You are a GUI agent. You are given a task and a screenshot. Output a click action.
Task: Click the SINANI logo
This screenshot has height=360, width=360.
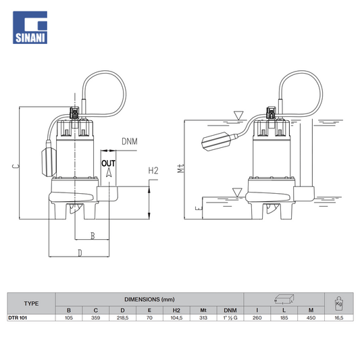click(x=30, y=27)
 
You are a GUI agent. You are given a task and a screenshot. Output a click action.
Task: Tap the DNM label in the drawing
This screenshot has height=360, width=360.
click(x=130, y=141)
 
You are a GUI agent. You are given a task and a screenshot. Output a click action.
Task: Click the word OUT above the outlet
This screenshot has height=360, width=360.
click(x=108, y=163)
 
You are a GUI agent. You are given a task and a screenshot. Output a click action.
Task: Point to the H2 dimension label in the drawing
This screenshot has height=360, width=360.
click(x=153, y=171)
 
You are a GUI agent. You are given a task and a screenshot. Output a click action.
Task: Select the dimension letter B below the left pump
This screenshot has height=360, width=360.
click(x=93, y=236)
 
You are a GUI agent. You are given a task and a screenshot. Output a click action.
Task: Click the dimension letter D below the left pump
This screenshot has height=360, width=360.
click(x=80, y=253)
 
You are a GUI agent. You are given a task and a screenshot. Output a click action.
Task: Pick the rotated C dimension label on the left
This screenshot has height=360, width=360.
click(x=15, y=165)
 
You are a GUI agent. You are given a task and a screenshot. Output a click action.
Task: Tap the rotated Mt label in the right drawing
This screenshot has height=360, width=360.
click(x=181, y=168)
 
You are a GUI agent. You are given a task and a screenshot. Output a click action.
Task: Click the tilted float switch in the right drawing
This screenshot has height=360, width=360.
click(x=217, y=141)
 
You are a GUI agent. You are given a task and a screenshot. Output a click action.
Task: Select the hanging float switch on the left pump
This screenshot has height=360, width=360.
click(x=49, y=161)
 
